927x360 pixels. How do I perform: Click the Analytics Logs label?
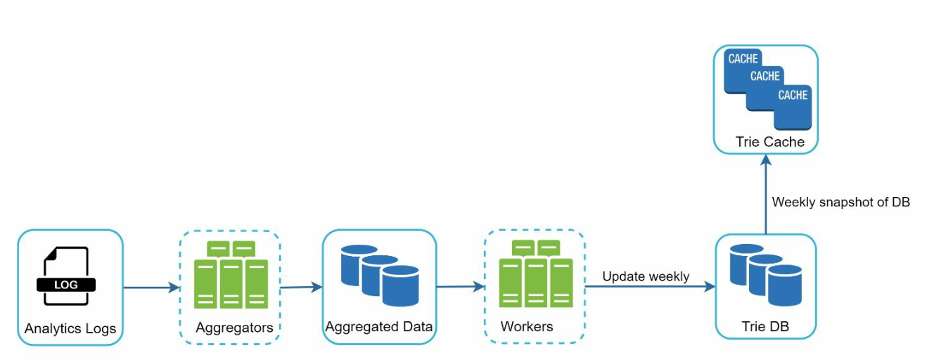tap(70, 328)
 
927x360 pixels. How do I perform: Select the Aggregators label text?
tap(234, 327)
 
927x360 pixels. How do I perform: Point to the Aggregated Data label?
tap(378, 327)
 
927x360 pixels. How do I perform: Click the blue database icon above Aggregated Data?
tap(379, 275)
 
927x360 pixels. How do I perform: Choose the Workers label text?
tap(527, 327)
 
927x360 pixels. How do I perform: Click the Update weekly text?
tap(646, 276)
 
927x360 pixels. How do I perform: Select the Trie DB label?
tap(766, 327)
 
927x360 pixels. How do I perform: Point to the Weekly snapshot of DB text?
tap(841, 202)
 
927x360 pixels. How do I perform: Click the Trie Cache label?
tap(770, 142)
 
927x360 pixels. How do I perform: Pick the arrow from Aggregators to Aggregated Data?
tap(301, 287)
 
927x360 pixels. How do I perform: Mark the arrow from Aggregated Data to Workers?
tap(461, 287)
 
